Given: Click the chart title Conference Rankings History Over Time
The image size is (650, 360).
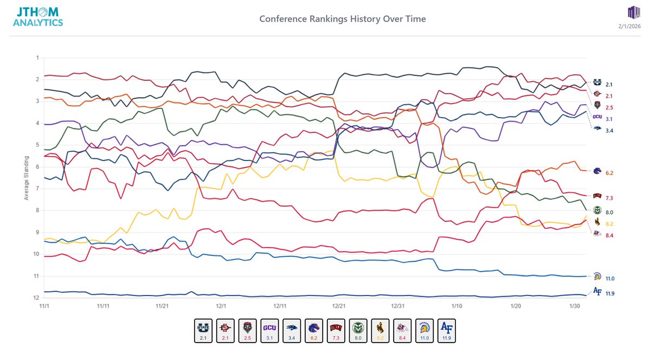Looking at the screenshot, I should click(342, 19).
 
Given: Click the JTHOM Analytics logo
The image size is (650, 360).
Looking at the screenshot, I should click(38, 16).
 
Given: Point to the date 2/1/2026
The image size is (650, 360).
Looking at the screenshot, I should click(630, 26).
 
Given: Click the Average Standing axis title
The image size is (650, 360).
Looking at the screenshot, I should click(26, 178).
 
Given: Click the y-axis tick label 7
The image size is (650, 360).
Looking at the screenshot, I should click(37, 189).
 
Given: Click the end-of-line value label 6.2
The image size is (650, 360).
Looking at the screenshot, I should click(609, 173).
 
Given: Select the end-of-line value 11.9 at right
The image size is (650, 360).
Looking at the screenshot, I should click(609, 294).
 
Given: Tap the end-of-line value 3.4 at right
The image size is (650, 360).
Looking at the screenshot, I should click(609, 131).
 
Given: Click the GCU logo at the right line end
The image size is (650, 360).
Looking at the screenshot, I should click(597, 117).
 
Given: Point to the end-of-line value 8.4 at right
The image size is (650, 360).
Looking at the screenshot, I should click(609, 235).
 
